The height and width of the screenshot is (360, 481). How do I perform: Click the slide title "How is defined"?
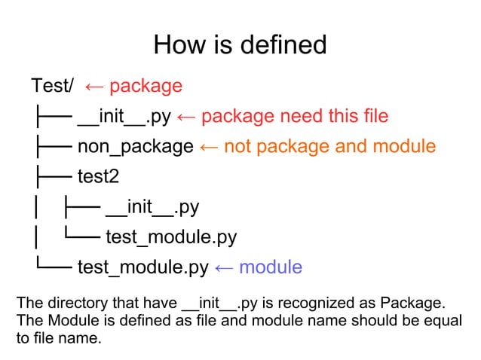[240, 45]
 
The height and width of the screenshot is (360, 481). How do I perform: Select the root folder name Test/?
[53, 86]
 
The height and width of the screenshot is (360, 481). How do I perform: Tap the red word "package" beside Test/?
[146, 86]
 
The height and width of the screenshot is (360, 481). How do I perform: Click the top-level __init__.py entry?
[125, 116]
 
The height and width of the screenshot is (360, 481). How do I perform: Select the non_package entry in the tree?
[136, 146]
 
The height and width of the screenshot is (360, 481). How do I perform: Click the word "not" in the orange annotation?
[237, 146]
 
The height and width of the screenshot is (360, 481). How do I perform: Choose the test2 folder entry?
[99, 177]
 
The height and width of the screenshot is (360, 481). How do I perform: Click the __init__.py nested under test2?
[153, 207]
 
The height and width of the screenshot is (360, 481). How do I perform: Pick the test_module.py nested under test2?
[171, 238]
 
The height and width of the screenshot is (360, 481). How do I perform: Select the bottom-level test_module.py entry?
[142, 267]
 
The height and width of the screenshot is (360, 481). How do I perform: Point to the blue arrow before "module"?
[224, 267]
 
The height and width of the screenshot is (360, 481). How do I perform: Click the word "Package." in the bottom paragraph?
[414, 304]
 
